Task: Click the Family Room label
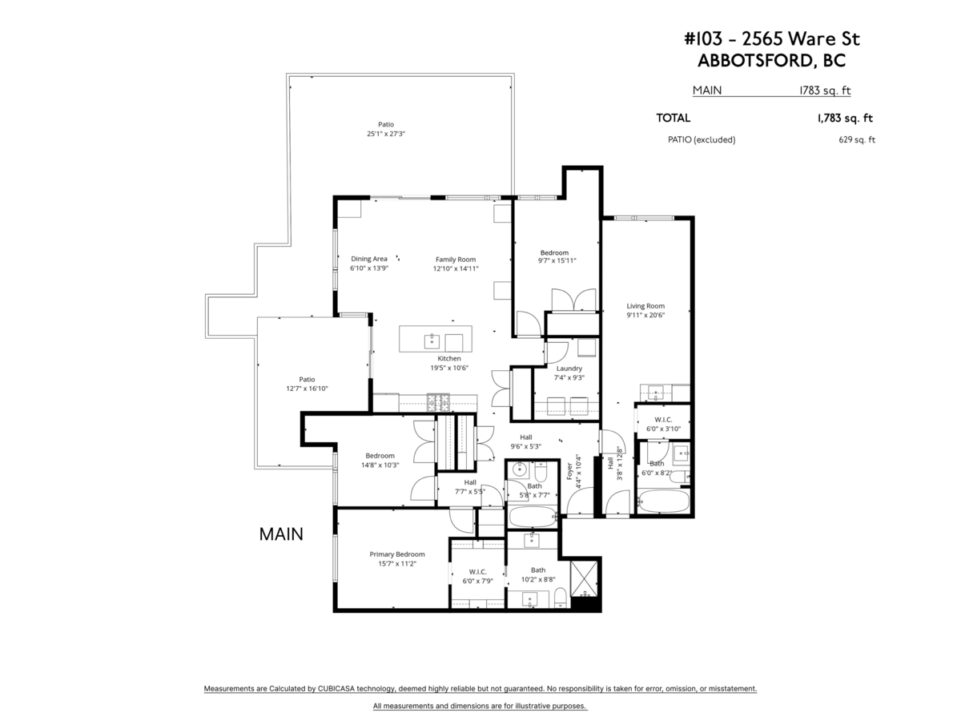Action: pos(456,259)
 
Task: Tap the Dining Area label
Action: pos(369,259)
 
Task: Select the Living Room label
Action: pos(645,306)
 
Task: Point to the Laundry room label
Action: pos(569,369)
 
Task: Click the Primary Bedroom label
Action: pos(396,554)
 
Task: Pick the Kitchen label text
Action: pos(448,358)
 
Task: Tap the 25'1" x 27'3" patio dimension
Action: pos(386,134)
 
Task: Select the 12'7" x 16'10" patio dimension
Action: pos(307,389)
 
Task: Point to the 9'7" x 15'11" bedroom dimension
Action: pos(557,260)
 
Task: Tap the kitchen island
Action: pos(436,338)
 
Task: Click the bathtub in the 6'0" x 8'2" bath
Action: pos(662,503)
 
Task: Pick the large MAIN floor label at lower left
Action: pos(281,534)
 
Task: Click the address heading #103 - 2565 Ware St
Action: pos(772,39)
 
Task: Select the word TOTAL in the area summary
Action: pos(674,119)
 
